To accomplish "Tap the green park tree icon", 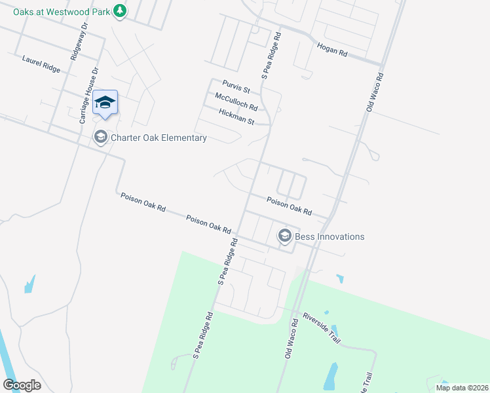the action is [119, 10].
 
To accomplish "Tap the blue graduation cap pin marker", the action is [105, 103].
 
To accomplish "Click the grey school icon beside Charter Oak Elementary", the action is [100, 137].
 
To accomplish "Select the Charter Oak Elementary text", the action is [159, 138].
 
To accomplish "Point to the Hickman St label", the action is [236, 117].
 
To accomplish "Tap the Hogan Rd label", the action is [331, 49].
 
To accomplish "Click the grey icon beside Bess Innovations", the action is [284, 236].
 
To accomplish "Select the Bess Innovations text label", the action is [330, 236].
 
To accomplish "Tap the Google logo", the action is [22, 384].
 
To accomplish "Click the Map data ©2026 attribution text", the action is [461, 388].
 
